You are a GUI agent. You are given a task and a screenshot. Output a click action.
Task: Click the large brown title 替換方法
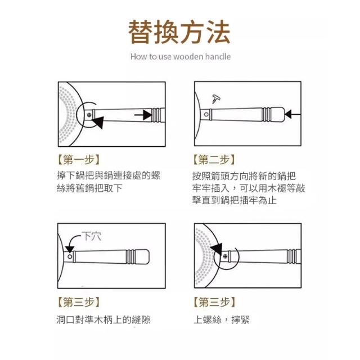click(179, 32)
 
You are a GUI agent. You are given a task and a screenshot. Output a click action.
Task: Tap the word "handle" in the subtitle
click(218, 56)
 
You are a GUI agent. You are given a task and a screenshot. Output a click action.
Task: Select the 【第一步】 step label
click(78, 159)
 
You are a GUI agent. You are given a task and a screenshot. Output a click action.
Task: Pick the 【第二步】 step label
click(214, 159)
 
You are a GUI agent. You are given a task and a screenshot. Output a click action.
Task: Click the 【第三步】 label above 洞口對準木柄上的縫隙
click(78, 302)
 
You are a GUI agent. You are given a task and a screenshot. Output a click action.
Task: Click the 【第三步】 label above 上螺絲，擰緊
click(214, 302)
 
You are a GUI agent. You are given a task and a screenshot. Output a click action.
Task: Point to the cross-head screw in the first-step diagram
click(89, 115)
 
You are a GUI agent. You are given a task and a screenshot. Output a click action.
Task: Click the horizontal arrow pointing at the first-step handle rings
click(143, 115)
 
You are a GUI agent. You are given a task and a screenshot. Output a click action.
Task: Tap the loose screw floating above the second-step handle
click(216, 99)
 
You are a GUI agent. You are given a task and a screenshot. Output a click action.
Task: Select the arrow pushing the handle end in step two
click(292, 114)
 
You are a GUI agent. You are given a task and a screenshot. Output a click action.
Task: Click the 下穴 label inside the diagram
click(92, 236)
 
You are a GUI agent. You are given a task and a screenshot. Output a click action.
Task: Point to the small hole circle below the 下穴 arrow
click(70, 256)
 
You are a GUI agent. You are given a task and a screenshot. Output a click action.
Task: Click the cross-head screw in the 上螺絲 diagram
click(225, 256)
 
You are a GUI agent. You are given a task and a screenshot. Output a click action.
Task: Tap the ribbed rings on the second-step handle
click(266, 114)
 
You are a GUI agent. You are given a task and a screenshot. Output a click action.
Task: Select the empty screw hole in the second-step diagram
click(206, 114)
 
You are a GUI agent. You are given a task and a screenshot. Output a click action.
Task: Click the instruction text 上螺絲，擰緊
click(222, 319)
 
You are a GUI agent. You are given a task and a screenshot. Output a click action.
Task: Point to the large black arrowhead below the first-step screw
click(98, 122)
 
